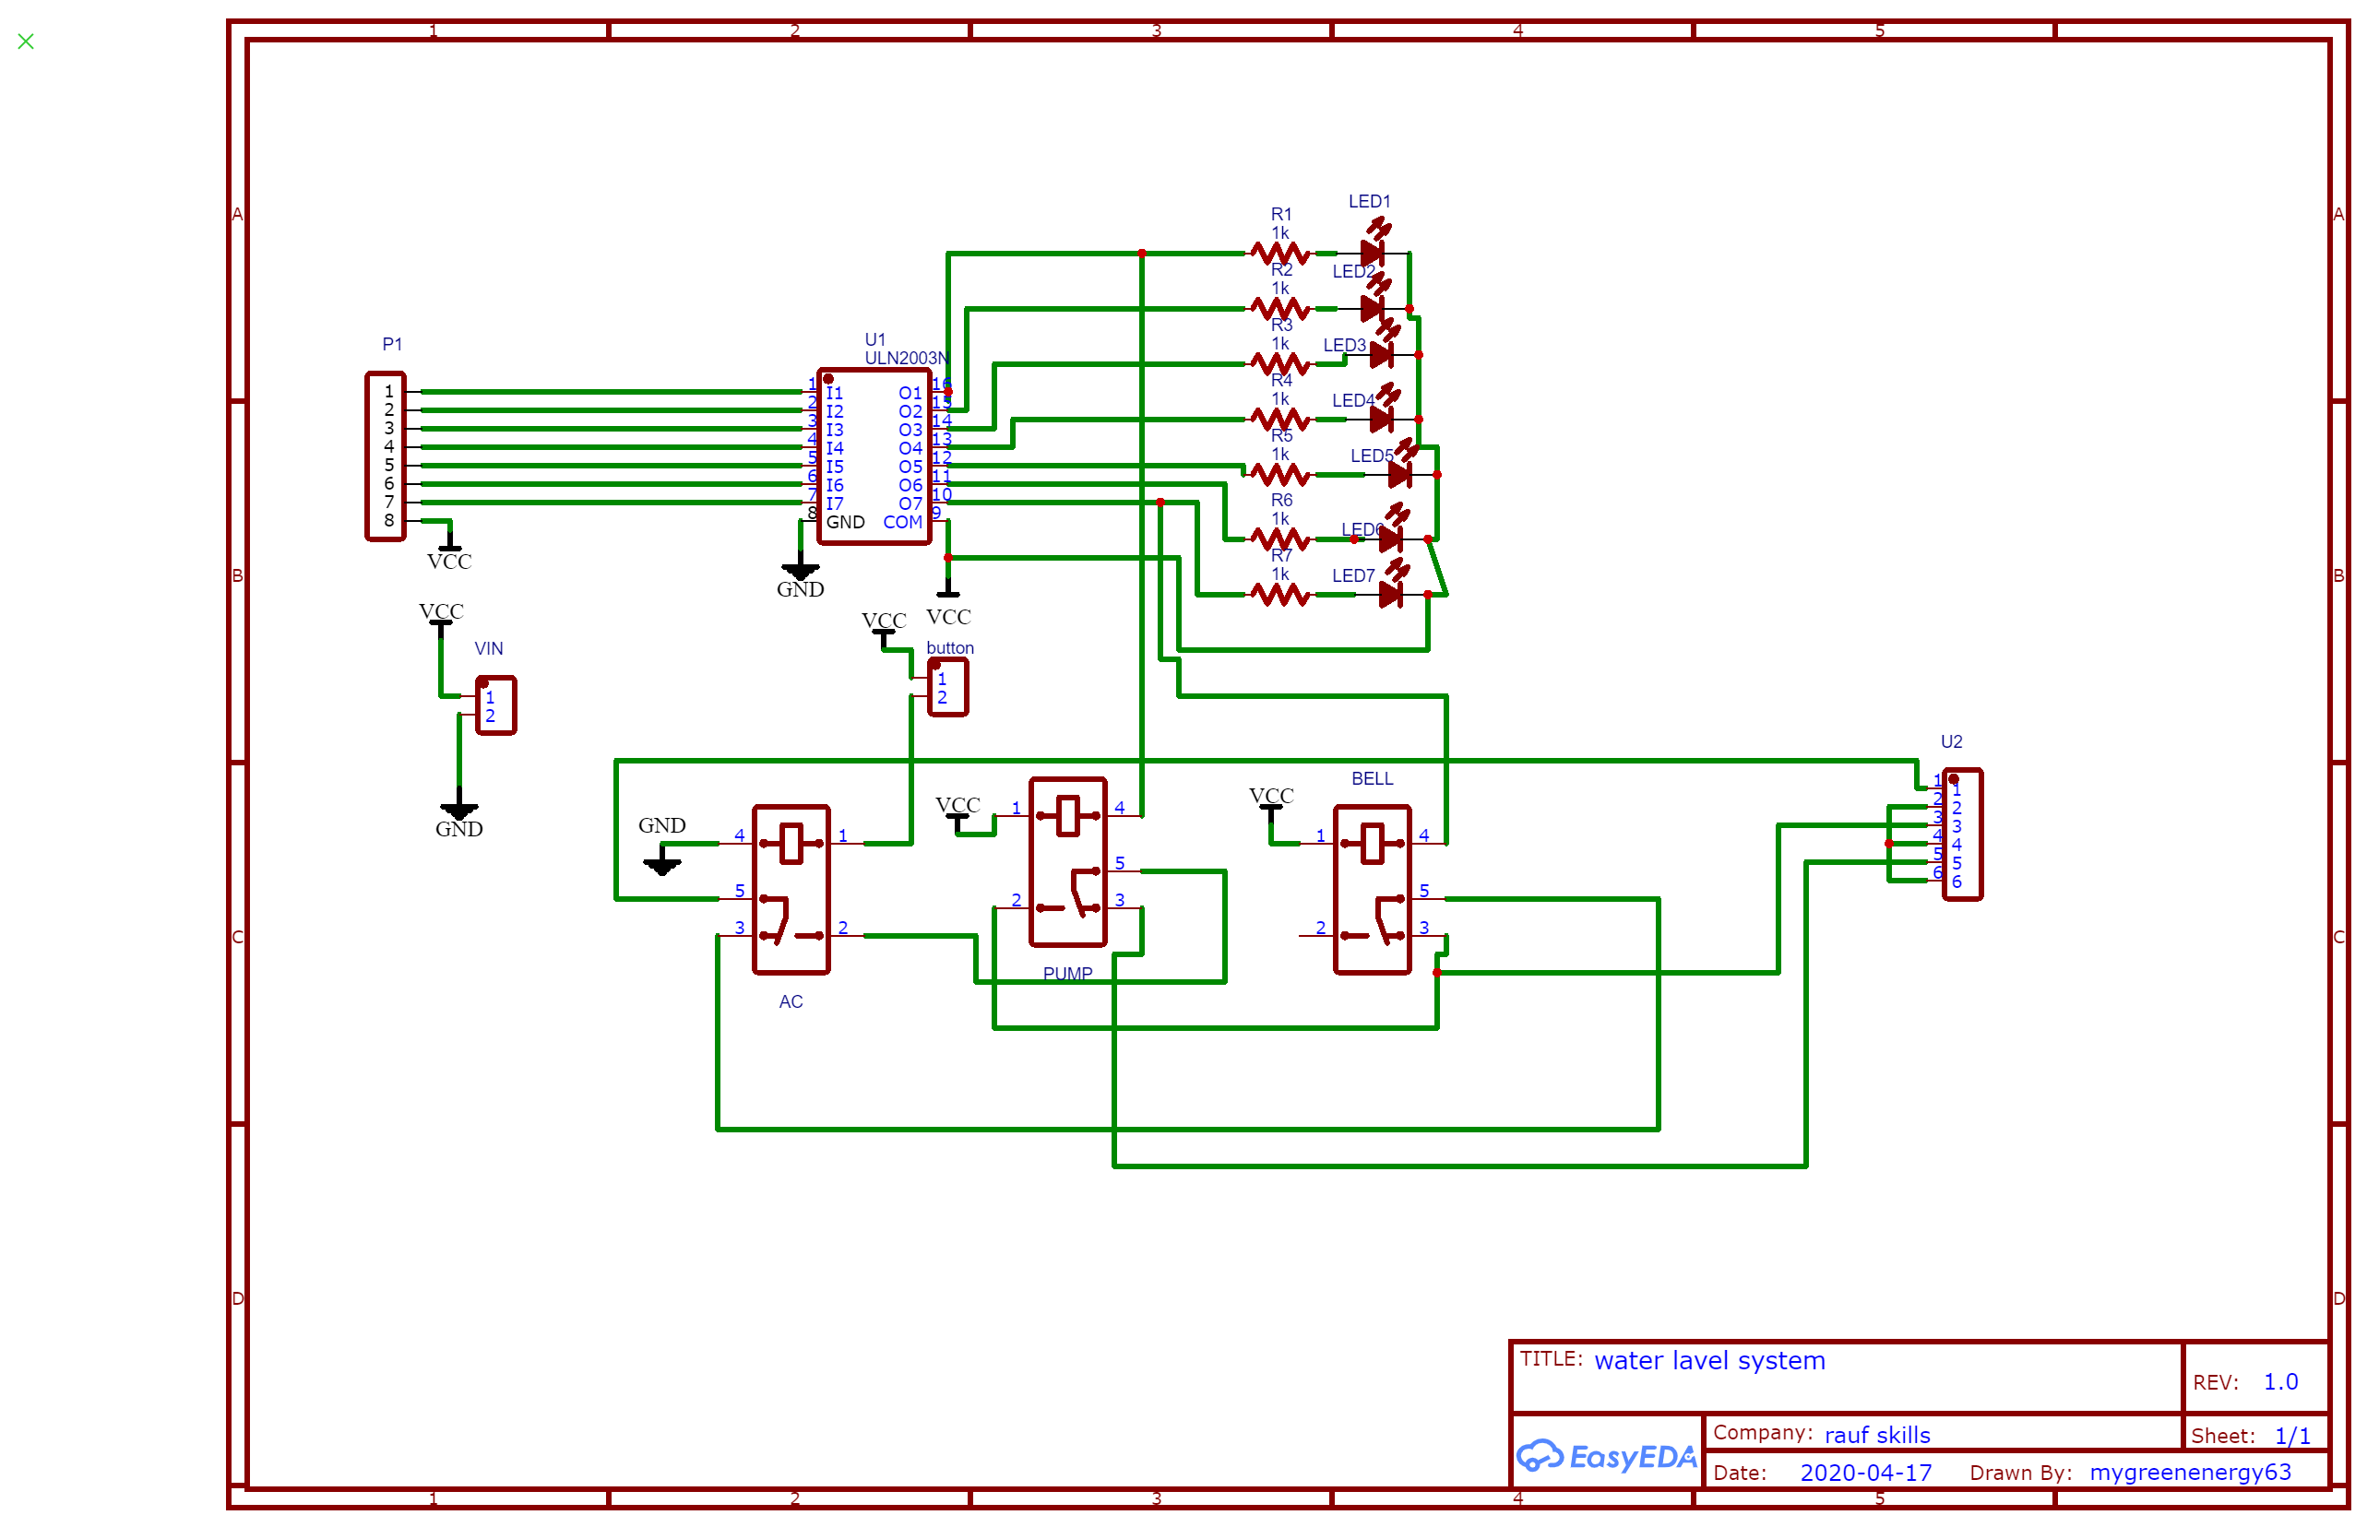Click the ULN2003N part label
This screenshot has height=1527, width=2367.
[905, 358]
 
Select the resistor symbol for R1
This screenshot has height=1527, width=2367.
[1279, 254]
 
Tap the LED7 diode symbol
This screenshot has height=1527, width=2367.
[1390, 595]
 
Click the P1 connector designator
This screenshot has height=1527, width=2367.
[392, 344]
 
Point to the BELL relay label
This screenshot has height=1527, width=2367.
[1372, 779]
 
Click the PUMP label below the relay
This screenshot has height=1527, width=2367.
[1067, 974]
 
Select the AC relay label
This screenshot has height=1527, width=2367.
[791, 1002]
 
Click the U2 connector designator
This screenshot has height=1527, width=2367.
[1951, 741]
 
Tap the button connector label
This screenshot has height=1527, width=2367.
[949, 648]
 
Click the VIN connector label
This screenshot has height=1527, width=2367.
[488, 648]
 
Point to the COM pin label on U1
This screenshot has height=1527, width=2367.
[901, 523]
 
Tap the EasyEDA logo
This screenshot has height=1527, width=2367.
[1606, 1457]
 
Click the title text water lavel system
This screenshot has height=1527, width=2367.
[1708, 1361]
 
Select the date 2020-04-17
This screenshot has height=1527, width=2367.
[1865, 1474]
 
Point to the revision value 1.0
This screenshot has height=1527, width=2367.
[2279, 1382]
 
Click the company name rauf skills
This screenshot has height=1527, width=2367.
[1876, 1436]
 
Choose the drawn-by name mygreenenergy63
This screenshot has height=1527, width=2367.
[2190, 1473]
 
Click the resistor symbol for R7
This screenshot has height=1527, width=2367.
[1279, 595]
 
